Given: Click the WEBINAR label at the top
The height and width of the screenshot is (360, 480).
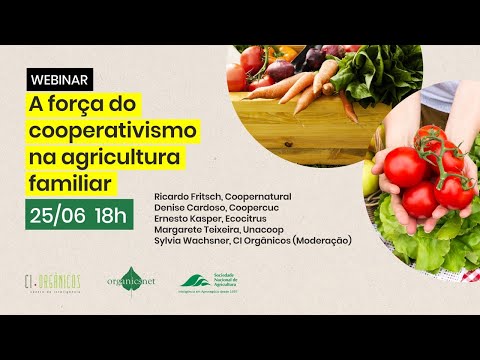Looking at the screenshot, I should pyautogui.click(x=58, y=78).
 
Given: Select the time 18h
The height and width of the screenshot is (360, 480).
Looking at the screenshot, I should pyautogui.click(x=111, y=214).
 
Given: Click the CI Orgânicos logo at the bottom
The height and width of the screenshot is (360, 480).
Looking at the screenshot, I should pyautogui.click(x=52, y=283).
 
